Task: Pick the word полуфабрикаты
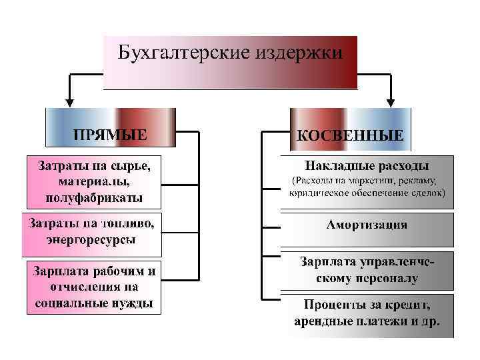pos(93,197)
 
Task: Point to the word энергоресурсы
pos(92,239)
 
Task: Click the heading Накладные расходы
pos(367,165)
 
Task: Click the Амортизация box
pos(367,224)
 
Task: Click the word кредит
pos(412,306)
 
